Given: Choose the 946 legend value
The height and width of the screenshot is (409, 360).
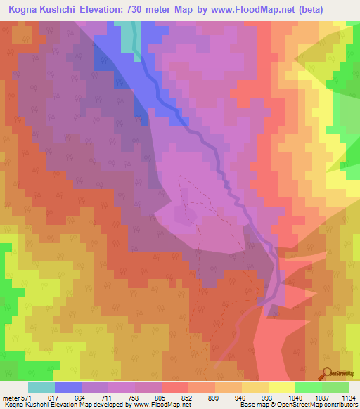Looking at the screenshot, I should (x=250, y=397).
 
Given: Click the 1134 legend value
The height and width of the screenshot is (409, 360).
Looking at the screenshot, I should (x=347, y=397).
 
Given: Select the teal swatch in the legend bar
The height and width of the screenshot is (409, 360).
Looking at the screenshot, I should (x=41, y=387).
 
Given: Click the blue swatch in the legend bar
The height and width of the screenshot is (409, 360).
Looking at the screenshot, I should (x=68, y=387).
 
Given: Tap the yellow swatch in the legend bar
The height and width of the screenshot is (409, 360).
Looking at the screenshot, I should (x=282, y=387).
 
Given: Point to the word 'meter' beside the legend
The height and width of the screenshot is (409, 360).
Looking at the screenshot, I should (x=11, y=397).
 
